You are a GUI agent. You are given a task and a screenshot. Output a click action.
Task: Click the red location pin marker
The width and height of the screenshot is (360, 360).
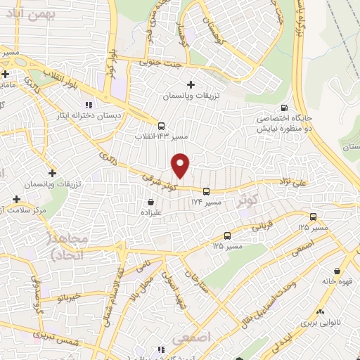tap(181, 165)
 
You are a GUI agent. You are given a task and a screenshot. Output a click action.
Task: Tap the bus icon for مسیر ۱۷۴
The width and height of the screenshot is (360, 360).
tap(206, 191)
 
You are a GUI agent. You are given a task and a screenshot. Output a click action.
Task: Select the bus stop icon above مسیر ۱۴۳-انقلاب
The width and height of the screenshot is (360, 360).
tap(162, 120)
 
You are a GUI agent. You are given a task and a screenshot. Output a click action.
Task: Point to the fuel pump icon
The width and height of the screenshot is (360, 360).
tap(284, 108)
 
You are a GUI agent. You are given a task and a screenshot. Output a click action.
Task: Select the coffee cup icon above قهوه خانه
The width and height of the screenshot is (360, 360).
tap(338, 271)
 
